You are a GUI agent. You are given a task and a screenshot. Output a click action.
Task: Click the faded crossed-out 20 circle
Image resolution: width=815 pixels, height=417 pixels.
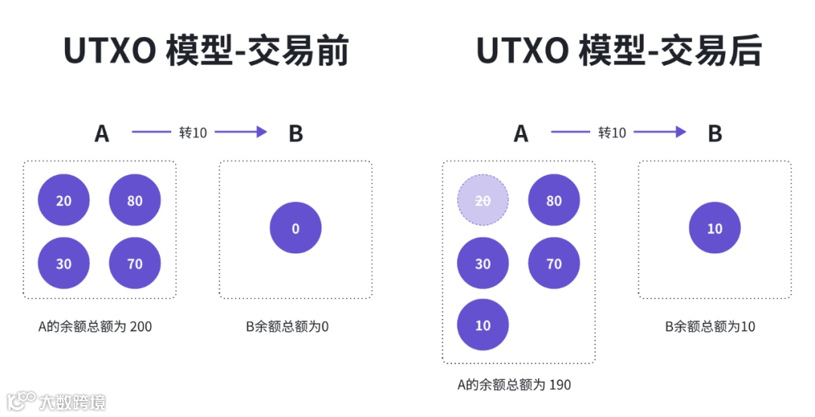(x=483, y=201)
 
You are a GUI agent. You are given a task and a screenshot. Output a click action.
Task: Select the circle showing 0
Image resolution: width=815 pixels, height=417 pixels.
(x=295, y=228)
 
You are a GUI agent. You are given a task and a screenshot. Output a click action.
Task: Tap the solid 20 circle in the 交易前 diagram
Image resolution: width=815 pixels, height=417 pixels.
(x=64, y=201)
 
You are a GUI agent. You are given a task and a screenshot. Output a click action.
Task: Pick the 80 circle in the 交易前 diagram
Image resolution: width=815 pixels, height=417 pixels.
(x=135, y=201)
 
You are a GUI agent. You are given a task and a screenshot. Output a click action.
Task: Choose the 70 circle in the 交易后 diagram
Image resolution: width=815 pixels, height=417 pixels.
(x=554, y=264)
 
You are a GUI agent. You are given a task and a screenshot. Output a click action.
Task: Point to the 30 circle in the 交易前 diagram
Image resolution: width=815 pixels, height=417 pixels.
(x=64, y=264)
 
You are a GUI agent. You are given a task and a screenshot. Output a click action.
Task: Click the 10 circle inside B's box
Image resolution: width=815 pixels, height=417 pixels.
(x=715, y=228)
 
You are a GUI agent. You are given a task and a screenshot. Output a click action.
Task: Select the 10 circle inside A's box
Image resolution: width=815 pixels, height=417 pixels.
(x=483, y=325)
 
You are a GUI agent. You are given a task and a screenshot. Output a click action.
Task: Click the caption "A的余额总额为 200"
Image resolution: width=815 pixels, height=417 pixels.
(x=95, y=327)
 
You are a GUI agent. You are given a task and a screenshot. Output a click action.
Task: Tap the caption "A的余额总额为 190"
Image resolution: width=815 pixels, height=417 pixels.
(x=514, y=385)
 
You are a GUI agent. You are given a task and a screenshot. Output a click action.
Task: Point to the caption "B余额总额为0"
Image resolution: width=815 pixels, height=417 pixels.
(x=288, y=327)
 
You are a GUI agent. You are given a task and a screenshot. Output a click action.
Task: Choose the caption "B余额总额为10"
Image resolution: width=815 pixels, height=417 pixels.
(x=710, y=327)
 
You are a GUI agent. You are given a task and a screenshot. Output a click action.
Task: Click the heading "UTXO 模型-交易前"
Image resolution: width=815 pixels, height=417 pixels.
(x=206, y=52)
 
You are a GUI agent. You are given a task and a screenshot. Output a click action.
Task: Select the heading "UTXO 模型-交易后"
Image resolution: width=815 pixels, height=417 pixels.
(x=619, y=52)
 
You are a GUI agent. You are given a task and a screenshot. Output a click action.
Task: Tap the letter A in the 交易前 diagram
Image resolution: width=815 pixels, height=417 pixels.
(x=102, y=133)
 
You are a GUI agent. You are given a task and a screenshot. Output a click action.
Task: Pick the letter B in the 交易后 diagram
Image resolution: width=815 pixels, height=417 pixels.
(x=715, y=133)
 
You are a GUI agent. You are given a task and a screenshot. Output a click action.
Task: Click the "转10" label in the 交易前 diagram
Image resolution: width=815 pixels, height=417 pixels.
(x=192, y=133)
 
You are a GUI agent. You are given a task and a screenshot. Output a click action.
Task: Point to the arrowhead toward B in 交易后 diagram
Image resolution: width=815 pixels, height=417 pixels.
(x=681, y=132)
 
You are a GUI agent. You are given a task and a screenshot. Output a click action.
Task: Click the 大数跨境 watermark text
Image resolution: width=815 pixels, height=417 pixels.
(x=73, y=401)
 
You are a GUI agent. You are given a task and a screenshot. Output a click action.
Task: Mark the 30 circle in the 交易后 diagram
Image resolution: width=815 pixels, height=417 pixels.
(x=483, y=264)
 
